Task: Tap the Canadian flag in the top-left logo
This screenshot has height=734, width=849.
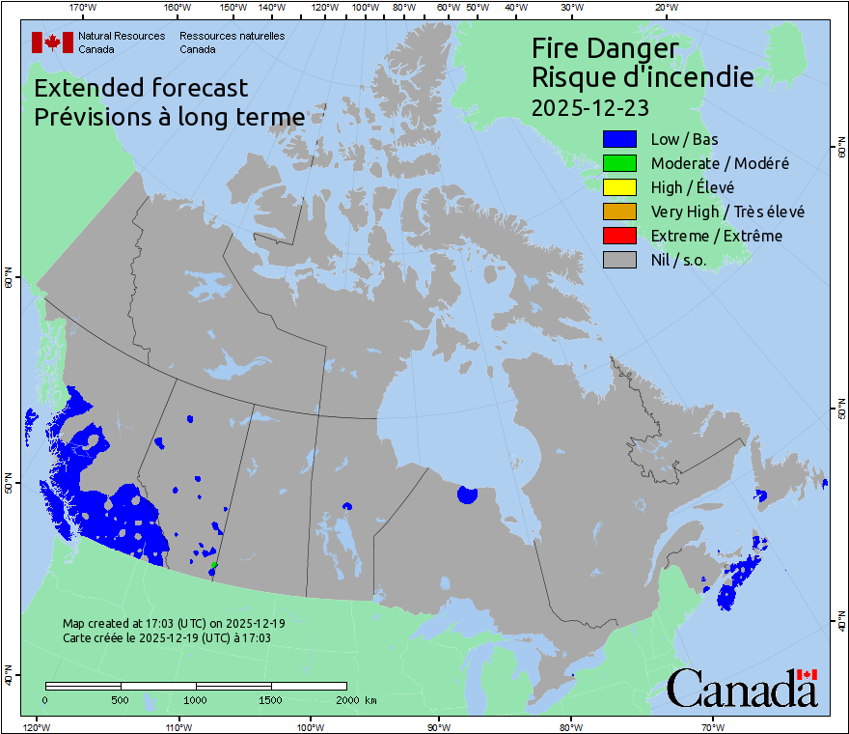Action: [x=52, y=42]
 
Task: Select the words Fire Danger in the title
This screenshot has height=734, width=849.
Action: [x=605, y=48]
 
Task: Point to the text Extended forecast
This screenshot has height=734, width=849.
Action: [x=141, y=88]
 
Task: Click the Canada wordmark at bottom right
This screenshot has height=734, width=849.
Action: [x=741, y=689]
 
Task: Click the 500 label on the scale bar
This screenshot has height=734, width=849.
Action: [x=120, y=699]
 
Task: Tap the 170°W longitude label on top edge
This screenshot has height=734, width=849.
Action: [x=84, y=8]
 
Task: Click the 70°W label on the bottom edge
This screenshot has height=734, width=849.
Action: [x=713, y=726]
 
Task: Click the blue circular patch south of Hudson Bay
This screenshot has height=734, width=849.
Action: [x=467, y=494]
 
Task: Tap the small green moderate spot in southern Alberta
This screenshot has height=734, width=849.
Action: [x=214, y=564]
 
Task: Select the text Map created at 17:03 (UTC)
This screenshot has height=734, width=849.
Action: [x=174, y=624]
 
